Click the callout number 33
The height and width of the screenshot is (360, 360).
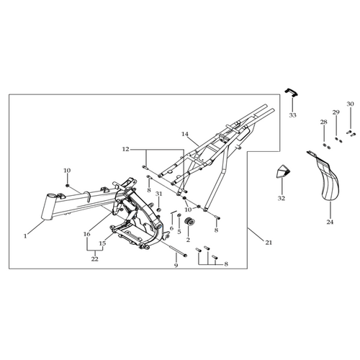292,115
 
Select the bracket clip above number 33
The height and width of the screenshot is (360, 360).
292,93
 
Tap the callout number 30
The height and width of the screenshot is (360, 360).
350,104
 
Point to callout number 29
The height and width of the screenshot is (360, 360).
336,112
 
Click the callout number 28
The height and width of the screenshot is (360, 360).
324,122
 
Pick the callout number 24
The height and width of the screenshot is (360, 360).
330,222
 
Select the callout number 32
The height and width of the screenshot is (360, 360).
282,199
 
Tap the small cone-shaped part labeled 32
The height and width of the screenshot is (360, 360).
282,171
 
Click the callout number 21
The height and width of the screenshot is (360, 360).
269,243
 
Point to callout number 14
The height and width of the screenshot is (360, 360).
185,134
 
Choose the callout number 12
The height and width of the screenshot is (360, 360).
125,149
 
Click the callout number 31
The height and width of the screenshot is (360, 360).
158,194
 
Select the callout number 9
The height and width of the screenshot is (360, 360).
176,266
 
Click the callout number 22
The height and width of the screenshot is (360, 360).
95,259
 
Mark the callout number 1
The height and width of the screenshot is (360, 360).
25,236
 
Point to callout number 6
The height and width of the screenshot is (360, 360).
171,228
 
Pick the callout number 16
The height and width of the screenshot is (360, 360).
87,234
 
